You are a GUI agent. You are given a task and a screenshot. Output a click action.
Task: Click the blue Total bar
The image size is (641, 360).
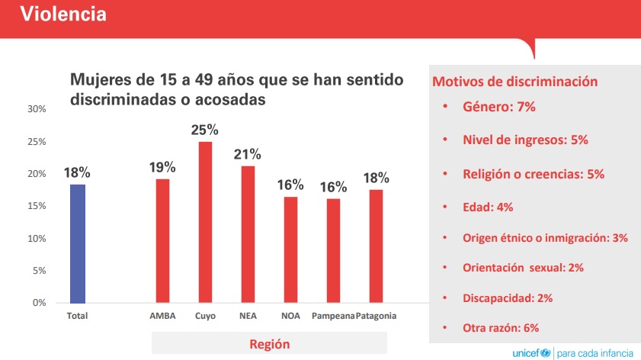(78, 244)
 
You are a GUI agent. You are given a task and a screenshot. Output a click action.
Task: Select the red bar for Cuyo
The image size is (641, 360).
(205, 223)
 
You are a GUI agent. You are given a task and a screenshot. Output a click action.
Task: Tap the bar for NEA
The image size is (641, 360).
(248, 234)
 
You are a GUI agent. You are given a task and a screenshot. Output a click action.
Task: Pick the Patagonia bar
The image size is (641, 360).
(376, 246)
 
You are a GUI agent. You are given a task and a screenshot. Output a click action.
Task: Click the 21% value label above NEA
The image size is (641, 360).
(247, 154)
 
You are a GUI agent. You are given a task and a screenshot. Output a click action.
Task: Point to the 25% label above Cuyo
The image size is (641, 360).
(205, 130)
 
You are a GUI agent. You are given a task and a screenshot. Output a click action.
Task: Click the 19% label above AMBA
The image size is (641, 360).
(162, 167)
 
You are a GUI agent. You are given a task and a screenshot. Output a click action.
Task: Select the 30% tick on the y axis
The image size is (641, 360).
(37, 109)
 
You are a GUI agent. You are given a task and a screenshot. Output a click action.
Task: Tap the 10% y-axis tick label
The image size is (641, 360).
(37, 239)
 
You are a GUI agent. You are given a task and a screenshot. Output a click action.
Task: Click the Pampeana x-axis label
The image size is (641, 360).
(333, 316)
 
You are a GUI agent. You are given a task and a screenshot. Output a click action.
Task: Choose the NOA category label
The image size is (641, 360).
(290, 316)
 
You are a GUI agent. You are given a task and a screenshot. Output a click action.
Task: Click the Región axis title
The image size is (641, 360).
(269, 344)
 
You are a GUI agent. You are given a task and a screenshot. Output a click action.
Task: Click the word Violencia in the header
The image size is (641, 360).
(63, 14)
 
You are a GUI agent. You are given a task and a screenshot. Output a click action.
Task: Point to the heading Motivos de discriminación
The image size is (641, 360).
(515, 82)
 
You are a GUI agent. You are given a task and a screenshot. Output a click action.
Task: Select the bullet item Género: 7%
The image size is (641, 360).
(499, 107)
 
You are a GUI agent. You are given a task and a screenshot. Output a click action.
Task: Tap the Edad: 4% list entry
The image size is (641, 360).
(488, 207)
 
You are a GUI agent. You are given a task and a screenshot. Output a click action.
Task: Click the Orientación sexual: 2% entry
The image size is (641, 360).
(524, 268)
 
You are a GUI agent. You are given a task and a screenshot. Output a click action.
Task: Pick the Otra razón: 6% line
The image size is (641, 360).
(501, 328)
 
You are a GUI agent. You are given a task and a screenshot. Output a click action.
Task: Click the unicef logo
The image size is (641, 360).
(532, 352)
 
